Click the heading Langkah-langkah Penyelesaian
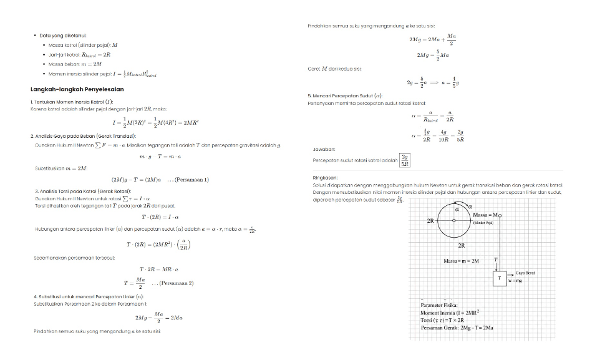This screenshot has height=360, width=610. (77, 89)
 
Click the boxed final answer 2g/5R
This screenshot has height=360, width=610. (405, 160)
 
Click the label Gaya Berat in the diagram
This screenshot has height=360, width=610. (525, 273)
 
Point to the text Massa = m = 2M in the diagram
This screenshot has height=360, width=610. (461, 261)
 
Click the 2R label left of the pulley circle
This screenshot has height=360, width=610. (430, 221)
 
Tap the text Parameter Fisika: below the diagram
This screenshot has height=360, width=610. (440, 304)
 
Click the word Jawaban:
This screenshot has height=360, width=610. (324, 150)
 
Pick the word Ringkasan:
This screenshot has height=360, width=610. (325, 177)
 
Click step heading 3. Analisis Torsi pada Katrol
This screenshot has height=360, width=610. (83, 190)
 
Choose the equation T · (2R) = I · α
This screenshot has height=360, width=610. (160, 217)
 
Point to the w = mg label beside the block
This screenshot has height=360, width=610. (515, 281)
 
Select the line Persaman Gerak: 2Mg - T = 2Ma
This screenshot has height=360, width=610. (457, 328)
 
